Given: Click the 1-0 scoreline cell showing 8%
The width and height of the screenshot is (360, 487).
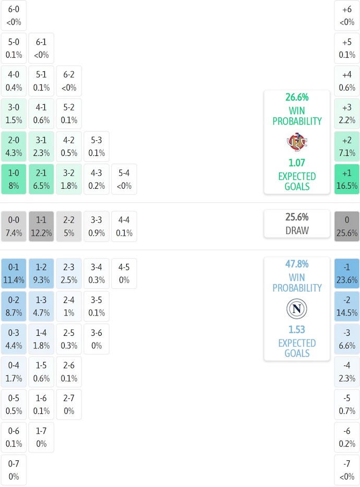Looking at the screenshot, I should point(14,179).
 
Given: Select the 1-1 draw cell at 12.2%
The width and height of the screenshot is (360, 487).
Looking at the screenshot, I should point(41,226).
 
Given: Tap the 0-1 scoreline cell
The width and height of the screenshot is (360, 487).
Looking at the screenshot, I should point(14,273).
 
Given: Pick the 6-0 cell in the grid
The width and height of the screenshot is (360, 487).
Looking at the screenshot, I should point(14,16).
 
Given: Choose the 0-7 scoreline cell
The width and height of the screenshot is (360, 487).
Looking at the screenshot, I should point(14,470).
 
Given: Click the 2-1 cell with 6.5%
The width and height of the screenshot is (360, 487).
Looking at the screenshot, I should point(41,179).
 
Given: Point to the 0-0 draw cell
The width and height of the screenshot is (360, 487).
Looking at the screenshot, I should point(14,226).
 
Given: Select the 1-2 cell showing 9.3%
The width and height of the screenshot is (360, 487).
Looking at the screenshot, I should point(41,273).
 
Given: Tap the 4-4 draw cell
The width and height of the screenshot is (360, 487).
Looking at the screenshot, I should point(124,226).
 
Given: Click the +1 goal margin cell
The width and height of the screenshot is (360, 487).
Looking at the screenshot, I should point(347,179).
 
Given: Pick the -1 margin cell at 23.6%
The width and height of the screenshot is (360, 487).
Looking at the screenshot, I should point(347,273).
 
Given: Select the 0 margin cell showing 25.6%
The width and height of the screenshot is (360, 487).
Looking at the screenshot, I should point(347,226).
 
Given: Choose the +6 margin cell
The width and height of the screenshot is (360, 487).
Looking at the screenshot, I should point(347,16).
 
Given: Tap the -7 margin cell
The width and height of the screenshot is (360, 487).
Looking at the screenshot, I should point(347,470).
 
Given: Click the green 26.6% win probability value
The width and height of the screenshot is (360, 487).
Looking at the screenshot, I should point(297,97).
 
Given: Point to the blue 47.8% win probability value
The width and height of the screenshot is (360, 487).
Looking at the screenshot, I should point(297,264).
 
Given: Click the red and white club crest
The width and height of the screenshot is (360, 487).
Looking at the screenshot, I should point(296,142).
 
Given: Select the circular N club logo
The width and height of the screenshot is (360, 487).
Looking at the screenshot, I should point(296,309).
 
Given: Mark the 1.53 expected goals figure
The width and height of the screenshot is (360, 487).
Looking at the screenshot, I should point(297,330).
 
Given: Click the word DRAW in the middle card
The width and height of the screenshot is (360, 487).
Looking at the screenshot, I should point(297,230).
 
